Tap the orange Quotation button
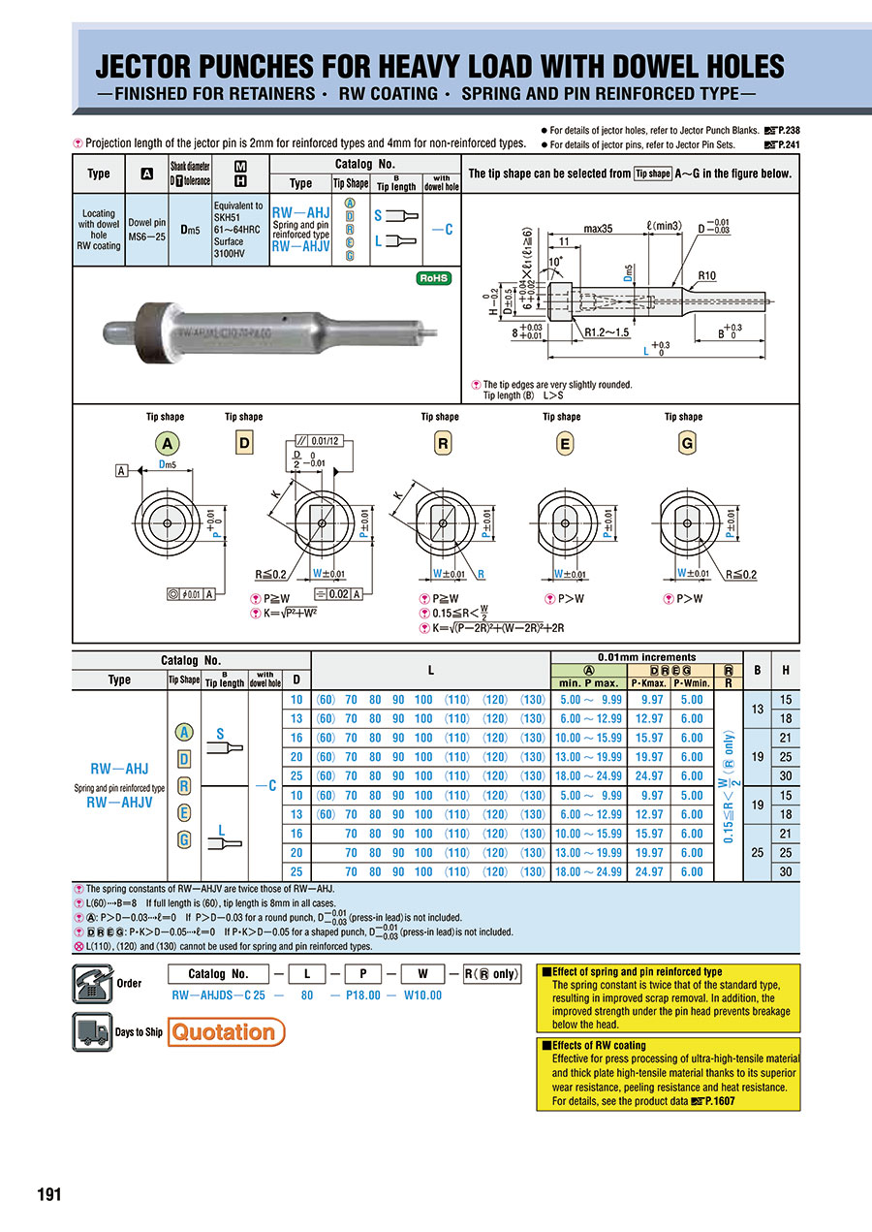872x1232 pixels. (227, 1031)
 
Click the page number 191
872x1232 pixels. (48, 1194)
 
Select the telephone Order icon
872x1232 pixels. (92, 983)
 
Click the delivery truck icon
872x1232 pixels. (92, 1031)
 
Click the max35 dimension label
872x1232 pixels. (598, 229)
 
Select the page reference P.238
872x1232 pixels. (783, 130)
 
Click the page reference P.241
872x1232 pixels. (783, 144)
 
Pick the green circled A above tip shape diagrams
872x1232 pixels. (168, 443)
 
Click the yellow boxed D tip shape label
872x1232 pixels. (244, 444)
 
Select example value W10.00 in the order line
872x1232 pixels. (421, 995)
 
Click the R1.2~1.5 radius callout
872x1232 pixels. (607, 332)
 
